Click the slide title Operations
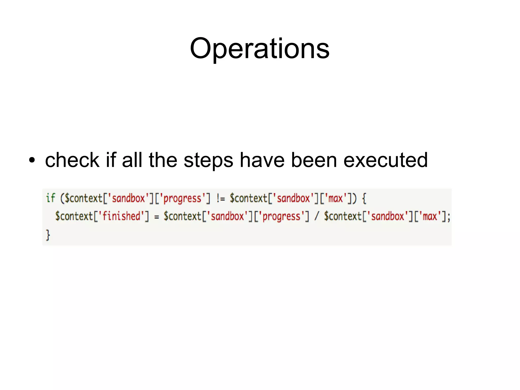point(259,48)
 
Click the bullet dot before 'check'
point(32,160)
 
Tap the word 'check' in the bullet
point(72,160)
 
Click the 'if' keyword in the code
point(50,198)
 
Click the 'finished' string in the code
point(121,216)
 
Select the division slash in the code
point(316,216)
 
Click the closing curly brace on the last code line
point(48,235)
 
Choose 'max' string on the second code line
point(430,216)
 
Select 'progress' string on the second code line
point(281,216)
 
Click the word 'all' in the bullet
point(132,160)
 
